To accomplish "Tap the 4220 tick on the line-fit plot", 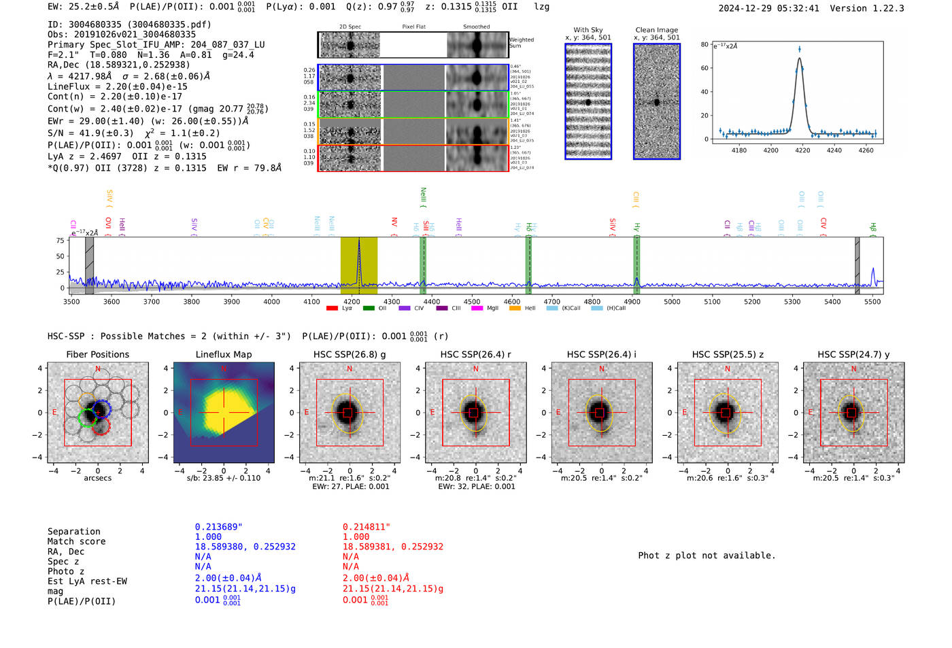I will (x=802, y=150).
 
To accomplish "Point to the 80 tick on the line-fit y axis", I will (x=704, y=45).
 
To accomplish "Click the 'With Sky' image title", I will (x=588, y=30).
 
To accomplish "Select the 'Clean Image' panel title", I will (x=656, y=30).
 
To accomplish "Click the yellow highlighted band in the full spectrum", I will (x=358, y=265).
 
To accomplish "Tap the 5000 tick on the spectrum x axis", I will (x=672, y=302).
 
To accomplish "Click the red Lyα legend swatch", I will (x=332, y=309).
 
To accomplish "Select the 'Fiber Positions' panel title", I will (x=97, y=354).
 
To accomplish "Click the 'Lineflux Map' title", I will (x=223, y=354).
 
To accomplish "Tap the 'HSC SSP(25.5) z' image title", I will (x=728, y=354).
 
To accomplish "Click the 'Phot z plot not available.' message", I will (x=707, y=556).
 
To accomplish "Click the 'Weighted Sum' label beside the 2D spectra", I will (x=521, y=43).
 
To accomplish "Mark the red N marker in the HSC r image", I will (x=476, y=369).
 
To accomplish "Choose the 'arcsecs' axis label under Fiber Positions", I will (x=97, y=478).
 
